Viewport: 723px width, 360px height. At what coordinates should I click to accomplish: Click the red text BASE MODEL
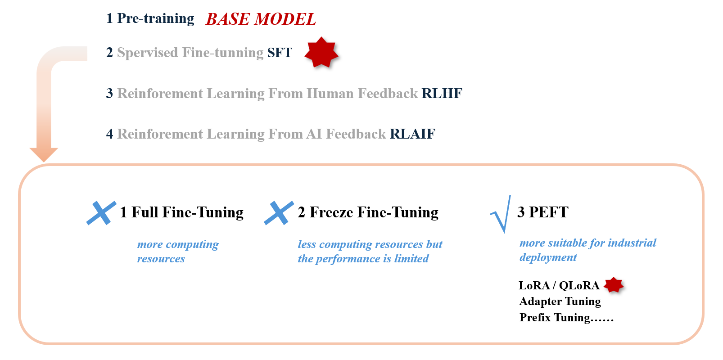(x=261, y=19)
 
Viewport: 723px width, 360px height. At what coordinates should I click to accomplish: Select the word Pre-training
(x=156, y=19)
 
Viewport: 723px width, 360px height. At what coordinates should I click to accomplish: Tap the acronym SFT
(x=280, y=53)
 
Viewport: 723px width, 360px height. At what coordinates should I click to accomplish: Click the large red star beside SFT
(x=321, y=53)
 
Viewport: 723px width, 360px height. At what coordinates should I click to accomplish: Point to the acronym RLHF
(x=442, y=94)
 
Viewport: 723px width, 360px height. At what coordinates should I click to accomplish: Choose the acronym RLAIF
(x=412, y=134)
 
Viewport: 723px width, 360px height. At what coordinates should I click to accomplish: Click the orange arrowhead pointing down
(x=44, y=154)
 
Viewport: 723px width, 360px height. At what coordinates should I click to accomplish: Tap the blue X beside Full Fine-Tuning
(x=101, y=213)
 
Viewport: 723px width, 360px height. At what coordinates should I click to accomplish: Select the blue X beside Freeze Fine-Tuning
(x=279, y=213)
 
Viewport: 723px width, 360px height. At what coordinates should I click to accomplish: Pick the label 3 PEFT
(x=542, y=212)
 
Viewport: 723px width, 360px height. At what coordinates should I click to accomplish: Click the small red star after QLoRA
(x=614, y=285)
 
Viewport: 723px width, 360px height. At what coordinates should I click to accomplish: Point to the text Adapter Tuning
(x=560, y=301)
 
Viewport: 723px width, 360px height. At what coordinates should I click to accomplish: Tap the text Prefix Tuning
(x=555, y=318)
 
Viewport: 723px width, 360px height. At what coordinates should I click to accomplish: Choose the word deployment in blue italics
(x=548, y=258)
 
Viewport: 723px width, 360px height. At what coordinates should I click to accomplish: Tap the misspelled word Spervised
(x=148, y=53)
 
